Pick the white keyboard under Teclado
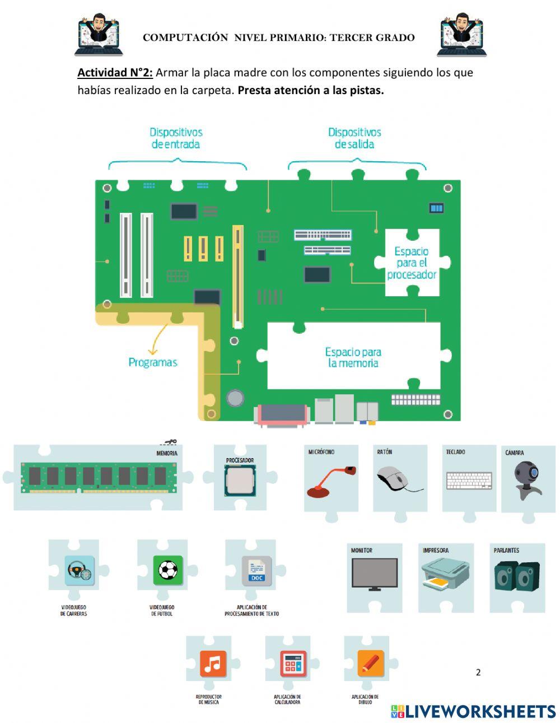[x=469, y=481]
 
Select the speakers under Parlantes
[x=517, y=576]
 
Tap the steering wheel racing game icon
[x=79, y=570]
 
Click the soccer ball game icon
[x=167, y=570]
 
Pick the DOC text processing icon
[x=256, y=571]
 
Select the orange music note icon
[x=213, y=664]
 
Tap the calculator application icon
[x=293, y=664]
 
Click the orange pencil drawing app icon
[x=370, y=663]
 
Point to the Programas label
[x=152, y=362]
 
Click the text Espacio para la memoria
[x=353, y=357]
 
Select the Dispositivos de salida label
[x=354, y=138]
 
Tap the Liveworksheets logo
[x=473, y=711]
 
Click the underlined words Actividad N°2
[x=115, y=72]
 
